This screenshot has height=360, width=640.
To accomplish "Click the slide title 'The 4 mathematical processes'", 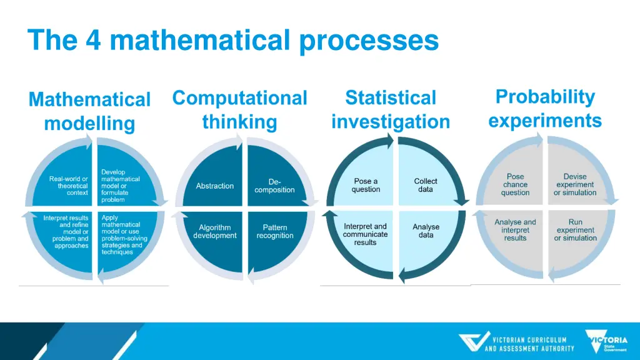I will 233,41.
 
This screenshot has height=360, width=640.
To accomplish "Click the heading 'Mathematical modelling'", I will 89,111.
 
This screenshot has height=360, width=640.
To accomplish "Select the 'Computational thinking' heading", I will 239,109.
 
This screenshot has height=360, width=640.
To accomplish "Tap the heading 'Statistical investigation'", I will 391,109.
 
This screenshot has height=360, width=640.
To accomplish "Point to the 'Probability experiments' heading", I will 545,108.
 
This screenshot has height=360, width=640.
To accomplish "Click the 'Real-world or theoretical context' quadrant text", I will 69,186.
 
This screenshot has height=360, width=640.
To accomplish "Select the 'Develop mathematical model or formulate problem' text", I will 120,186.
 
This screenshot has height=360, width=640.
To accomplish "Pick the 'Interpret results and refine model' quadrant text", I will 66,232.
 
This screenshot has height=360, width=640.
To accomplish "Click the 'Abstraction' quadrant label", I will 215,186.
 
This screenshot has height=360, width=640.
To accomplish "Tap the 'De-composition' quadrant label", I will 274,186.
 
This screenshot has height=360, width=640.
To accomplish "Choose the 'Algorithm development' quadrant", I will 215,232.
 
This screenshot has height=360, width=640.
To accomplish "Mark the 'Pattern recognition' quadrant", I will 274,232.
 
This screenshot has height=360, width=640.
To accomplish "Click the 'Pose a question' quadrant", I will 366,185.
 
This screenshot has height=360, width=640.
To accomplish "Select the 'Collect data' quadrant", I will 426,185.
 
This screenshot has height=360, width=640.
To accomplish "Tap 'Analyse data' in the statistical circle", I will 426,231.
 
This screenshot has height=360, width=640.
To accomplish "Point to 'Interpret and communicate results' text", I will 366,234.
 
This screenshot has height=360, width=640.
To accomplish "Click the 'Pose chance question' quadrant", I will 515,184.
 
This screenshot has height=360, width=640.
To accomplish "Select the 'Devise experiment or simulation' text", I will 575,184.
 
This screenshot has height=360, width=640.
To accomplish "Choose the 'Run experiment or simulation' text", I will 575,230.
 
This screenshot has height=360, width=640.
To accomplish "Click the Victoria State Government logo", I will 606,341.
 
